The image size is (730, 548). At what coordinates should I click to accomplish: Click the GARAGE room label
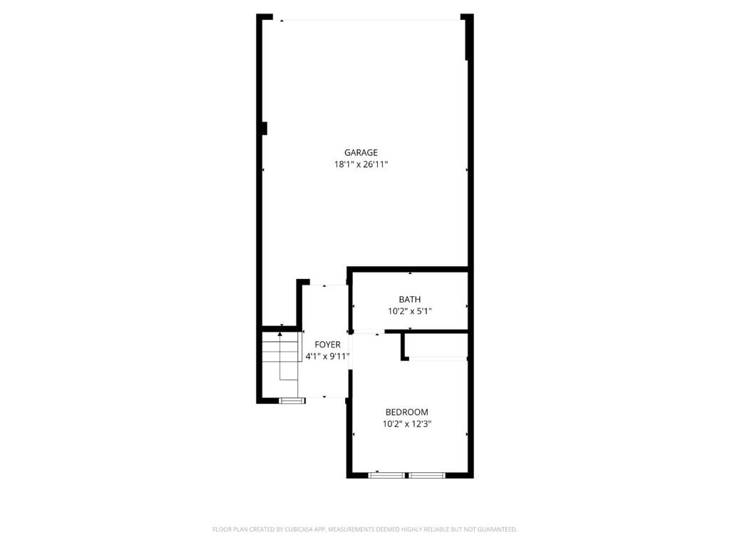(361, 153)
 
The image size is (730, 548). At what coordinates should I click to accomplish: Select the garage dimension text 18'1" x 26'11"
(361, 165)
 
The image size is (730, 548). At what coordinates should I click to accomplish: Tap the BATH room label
(410, 299)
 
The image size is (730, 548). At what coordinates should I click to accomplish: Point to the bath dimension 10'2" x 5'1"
(410, 311)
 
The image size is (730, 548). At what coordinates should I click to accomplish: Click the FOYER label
(327, 345)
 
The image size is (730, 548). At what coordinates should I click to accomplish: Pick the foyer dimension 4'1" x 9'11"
(327, 357)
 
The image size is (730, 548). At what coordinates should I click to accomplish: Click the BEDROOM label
(407, 412)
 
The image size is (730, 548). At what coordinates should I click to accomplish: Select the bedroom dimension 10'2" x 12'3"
(407, 424)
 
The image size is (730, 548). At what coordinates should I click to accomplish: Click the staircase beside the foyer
(280, 357)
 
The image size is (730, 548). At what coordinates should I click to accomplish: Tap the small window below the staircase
(292, 400)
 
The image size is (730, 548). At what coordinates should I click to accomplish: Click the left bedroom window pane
(386, 475)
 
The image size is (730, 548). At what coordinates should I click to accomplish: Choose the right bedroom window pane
(427, 475)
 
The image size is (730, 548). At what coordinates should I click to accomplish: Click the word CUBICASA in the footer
(302, 529)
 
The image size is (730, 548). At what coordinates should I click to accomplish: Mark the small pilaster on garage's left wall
(264, 128)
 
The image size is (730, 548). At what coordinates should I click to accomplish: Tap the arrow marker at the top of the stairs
(279, 334)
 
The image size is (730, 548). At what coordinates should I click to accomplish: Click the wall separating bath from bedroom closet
(426, 331)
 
